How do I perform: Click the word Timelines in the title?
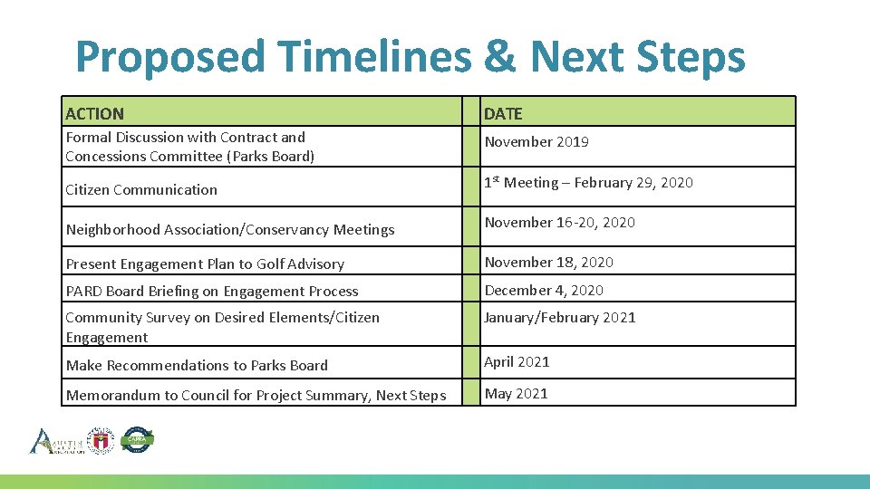pos(375,57)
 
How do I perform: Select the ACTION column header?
pos(94,113)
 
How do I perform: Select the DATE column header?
pos(503,113)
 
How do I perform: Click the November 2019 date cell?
pos(536,142)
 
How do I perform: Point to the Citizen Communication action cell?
pos(141,190)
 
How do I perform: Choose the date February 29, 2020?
pos(631,183)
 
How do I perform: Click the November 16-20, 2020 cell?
pos(559,223)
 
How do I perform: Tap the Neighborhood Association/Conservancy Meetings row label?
pos(230,230)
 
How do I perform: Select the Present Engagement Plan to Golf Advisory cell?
pos(205,264)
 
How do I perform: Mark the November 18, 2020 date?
pos(548,263)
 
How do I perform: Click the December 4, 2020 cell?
pos(544,291)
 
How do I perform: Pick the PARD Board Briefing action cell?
pos(212,292)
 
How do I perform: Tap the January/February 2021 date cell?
pos(560,318)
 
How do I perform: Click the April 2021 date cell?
pos(517,362)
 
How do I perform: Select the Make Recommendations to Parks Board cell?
pos(197,366)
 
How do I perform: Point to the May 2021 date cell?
pos(516,394)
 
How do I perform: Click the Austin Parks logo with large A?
pos(54,441)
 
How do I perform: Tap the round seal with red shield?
pos(100,440)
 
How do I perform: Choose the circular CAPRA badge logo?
pos(137,440)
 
